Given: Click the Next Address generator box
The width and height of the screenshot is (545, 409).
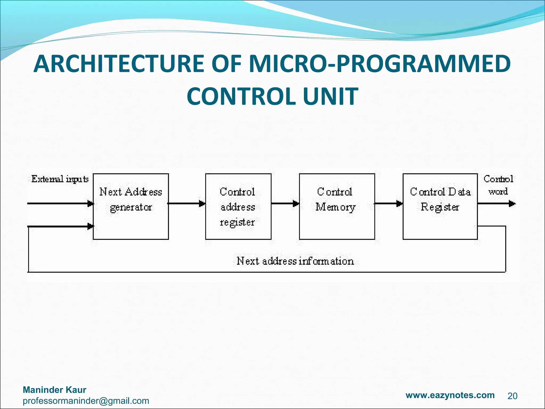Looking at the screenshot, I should pos(131,207).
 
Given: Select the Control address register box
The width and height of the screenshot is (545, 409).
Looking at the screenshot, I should pos(238,207).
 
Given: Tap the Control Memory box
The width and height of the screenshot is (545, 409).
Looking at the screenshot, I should pos(337,207).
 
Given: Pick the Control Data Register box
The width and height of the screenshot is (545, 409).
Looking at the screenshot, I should pos(440,207).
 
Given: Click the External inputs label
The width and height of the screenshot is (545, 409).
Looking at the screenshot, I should pos(60,179).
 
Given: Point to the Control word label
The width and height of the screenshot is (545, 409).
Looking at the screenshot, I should pos(498,185).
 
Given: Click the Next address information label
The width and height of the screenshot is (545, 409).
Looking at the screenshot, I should pos(295,261).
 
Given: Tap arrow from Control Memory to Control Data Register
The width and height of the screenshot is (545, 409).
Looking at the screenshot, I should pos(389,204).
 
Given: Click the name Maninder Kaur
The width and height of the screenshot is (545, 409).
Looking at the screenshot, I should pos(55,390).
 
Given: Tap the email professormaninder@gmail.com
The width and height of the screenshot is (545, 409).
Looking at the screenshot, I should pos(86,401).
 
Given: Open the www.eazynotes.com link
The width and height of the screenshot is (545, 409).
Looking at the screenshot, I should pos(450,395).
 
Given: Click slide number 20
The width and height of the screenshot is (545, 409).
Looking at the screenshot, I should pos(512,396).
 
